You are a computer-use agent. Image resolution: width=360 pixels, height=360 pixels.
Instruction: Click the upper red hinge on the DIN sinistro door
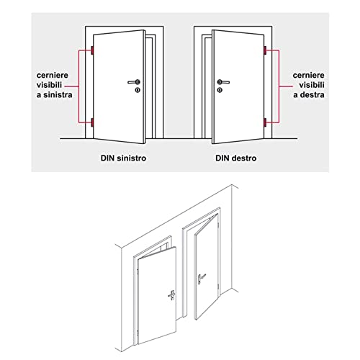pyautogui.click(x=92, y=50)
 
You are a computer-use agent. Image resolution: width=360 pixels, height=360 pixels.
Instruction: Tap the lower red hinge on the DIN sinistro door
pyautogui.click(x=92, y=122)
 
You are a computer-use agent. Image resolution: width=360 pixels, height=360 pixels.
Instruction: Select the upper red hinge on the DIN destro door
pyautogui.click(x=265, y=50)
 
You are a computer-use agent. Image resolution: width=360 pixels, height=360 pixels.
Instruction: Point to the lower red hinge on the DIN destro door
pyautogui.click(x=265, y=122)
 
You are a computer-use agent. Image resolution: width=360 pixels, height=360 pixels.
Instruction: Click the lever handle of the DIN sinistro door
pyautogui.click(x=134, y=82)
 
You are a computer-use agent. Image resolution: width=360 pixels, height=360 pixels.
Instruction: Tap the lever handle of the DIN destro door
pyautogui.click(x=223, y=82)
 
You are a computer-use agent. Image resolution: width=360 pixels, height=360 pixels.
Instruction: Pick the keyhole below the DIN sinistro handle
pyautogui.click(x=138, y=90)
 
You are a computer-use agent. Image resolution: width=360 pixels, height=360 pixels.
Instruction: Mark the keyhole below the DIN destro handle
pyautogui.click(x=220, y=90)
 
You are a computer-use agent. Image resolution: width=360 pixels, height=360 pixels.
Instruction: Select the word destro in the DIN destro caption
pyautogui.click(x=245, y=158)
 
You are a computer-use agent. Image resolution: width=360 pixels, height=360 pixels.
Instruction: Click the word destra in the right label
pyautogui.click(x=312, y=95)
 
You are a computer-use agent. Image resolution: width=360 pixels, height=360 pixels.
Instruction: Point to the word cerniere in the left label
pyautogui.click(x=53, y=76)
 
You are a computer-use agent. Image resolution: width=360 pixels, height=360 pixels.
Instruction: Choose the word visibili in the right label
pyautogui.click(x=312, y=85)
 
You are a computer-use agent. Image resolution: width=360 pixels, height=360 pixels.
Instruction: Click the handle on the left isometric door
pyautogui.click(x=171, y=295)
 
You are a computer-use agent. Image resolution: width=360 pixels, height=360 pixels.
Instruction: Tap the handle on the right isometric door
pyautogui.click(x=201, y=279)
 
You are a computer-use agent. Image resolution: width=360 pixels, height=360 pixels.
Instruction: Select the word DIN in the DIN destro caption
pyautogui.click(x=223, y=158)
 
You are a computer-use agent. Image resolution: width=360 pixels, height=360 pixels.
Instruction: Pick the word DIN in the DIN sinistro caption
pyautogui.click(x=108, y=158)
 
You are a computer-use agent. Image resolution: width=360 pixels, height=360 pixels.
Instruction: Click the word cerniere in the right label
pyautogui.click(x=308, y=76)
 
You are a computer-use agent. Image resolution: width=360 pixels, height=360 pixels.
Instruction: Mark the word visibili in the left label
pyautogui.click(x=49, y=85)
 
